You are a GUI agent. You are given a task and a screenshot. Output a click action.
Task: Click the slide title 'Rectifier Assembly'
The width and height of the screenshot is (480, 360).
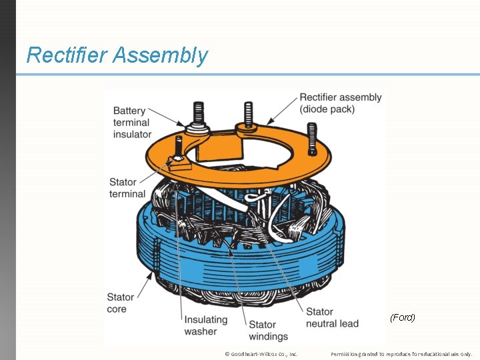coord(117,55)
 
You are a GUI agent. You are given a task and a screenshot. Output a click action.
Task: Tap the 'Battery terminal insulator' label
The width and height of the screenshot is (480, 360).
coord(132,123)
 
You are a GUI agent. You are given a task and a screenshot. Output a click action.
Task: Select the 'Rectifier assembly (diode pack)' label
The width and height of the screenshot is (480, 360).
coord(340,103)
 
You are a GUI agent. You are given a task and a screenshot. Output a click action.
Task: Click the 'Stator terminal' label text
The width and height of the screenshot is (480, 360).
coord(127,188)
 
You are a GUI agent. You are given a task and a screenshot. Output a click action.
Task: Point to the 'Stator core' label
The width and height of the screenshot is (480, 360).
coord(121,303)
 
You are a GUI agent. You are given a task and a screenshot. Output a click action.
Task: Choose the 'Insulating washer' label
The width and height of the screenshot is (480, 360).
coord(205,325)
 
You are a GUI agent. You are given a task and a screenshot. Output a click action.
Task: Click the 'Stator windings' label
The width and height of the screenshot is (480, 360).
coord(268,331)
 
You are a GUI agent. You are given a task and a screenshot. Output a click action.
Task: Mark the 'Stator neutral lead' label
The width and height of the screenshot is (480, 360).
coord(332,317)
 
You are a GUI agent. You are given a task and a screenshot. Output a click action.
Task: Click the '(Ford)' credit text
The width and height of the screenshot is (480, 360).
coord(402,317)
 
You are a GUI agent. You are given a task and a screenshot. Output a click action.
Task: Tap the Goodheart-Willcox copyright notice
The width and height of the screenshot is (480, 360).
coord(261,353)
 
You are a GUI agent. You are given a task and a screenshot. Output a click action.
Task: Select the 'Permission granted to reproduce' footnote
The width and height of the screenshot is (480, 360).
coord(401,353)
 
